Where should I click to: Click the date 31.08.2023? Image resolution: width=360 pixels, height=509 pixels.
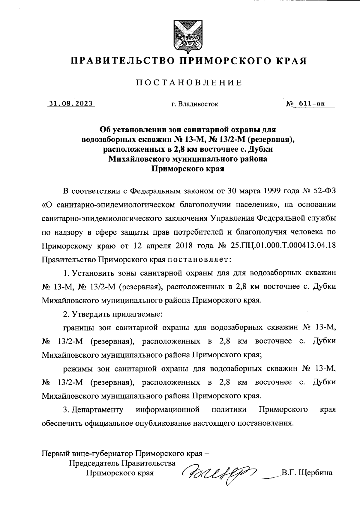pyautogui.click(x=71, y=104)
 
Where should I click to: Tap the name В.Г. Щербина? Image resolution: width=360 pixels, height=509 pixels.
pyautogui.click(x=307, y=473)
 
